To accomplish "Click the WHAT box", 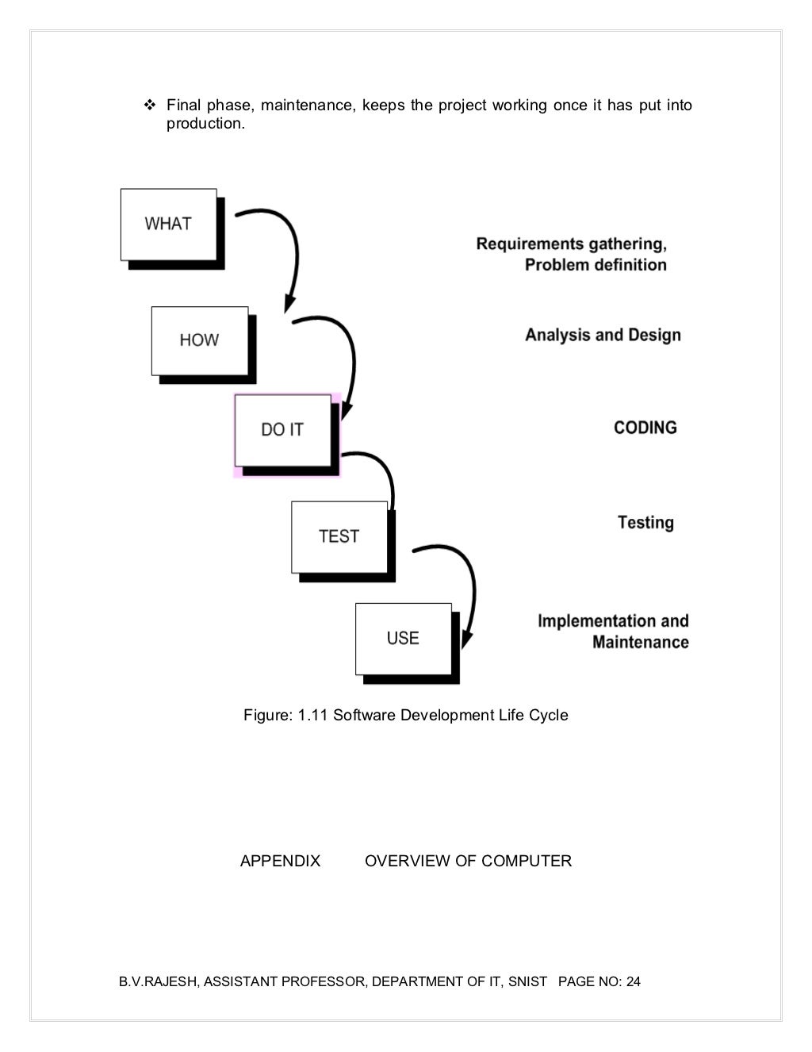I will (169, 225).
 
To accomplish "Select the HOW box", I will (200, 340).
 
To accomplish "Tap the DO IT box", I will (283, 430).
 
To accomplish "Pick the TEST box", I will (339, 537).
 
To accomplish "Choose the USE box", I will (404, 639).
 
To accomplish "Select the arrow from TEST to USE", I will (469, 587).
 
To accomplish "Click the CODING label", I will (645, 428).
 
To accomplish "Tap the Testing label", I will (645, 523).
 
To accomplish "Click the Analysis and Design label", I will (603, 335).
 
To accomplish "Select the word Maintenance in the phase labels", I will (640, 642).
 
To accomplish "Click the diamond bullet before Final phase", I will (149, 105).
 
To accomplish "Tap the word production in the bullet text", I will (205, 124).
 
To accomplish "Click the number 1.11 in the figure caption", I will (312, 716).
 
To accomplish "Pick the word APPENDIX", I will (280, 861).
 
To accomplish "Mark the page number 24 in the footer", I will (634, 981).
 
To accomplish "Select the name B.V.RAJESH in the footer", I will (157, 981).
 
